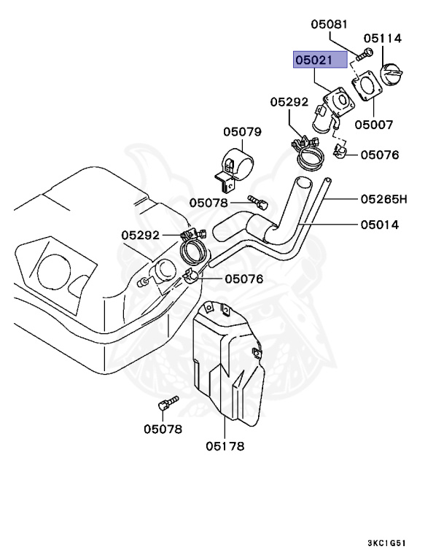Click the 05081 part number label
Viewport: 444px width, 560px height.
coord(330,24)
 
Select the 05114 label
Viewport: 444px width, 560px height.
coord(383,39)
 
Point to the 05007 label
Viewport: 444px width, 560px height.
coord(374,125)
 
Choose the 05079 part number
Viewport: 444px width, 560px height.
coord(242,132)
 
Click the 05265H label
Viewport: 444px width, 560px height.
coord(383,198)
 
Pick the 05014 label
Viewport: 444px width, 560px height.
coord(379,225)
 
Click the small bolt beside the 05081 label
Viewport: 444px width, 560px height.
coord(365,52)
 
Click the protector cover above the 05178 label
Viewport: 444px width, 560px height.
coord(227,365)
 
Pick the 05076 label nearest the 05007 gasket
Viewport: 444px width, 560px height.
coord(380,155)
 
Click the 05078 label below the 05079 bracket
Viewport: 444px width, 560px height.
coord(209,202)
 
